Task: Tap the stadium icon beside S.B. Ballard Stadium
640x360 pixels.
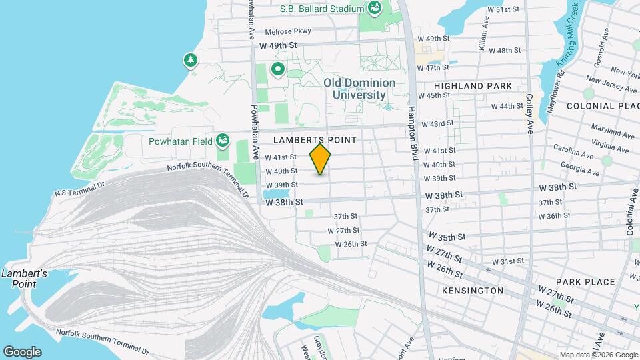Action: [x=375, y=9]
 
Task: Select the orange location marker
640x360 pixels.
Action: [x=321, y=159]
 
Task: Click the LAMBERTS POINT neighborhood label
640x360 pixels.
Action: [x=315, y=139]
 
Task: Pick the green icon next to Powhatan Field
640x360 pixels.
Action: [x=223, y=141]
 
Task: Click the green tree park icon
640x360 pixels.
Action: [x=191, y=61]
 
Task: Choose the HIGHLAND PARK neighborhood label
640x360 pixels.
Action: [x=473, y=86]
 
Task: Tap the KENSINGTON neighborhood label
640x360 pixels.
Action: [x=473, y=291]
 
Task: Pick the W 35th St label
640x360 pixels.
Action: [x=446, y=237]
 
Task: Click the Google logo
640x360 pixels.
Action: [x=22, y=351]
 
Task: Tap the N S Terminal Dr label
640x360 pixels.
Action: [x=79, y=188]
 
